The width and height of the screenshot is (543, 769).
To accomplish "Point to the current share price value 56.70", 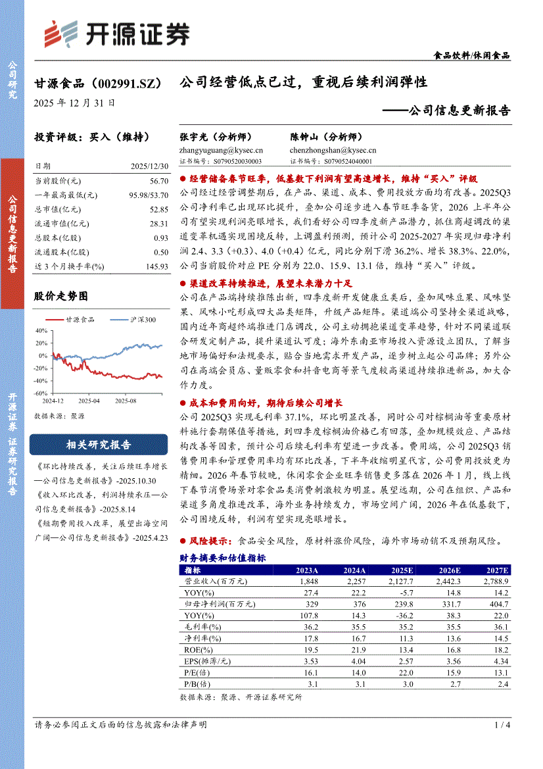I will (158, 180).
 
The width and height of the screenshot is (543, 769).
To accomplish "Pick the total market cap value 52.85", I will (158, 209).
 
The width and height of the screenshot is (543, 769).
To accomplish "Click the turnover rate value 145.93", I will (156, 266).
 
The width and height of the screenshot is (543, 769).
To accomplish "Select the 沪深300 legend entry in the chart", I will (137, 320).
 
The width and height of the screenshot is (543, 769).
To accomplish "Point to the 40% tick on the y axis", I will (41, 330).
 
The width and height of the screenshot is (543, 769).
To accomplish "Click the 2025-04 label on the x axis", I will (89, 400).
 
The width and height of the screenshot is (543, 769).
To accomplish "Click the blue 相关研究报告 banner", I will (99, 445).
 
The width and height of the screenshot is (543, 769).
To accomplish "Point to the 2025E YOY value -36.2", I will (402, 615).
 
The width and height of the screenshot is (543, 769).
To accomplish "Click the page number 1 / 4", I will (502, 725).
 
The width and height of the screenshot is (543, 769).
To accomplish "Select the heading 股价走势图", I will (60, 297).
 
